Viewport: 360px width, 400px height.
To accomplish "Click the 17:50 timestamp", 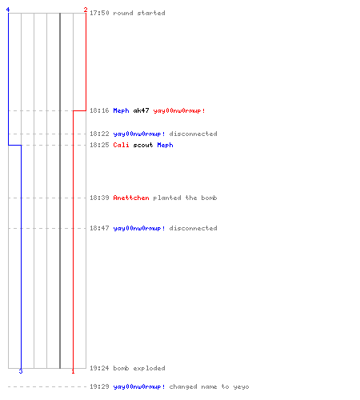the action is coord(99,13).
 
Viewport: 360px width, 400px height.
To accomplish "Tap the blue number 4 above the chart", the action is coord(8,10).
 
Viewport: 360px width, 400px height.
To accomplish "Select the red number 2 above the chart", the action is coord(86,10).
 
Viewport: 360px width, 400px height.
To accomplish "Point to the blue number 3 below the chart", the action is coord(21,371).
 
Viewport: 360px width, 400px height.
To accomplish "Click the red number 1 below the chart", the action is coord(73,371).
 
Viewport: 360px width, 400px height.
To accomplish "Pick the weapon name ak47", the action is coord(141,110).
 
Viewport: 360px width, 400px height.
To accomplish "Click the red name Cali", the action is coord(121,145).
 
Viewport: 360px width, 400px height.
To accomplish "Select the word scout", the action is coord(143,145).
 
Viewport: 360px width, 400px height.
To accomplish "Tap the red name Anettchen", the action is coord(131,198).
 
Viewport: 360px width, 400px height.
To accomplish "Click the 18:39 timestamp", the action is coord(99,198).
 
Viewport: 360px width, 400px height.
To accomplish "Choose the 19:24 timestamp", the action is coord(99,368).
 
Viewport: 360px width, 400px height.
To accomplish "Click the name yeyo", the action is coord(241,387).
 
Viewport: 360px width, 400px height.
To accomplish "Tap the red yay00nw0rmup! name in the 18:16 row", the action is coord(179,110).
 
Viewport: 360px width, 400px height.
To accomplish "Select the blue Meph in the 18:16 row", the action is coord(121,110).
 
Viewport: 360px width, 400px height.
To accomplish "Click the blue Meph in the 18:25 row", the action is coord(165,145).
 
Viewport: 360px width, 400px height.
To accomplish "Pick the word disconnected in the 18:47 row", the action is coord(193,228).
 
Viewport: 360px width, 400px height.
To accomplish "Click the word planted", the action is coord(167,198).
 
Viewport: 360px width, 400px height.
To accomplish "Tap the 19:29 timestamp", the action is coord(99,386).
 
